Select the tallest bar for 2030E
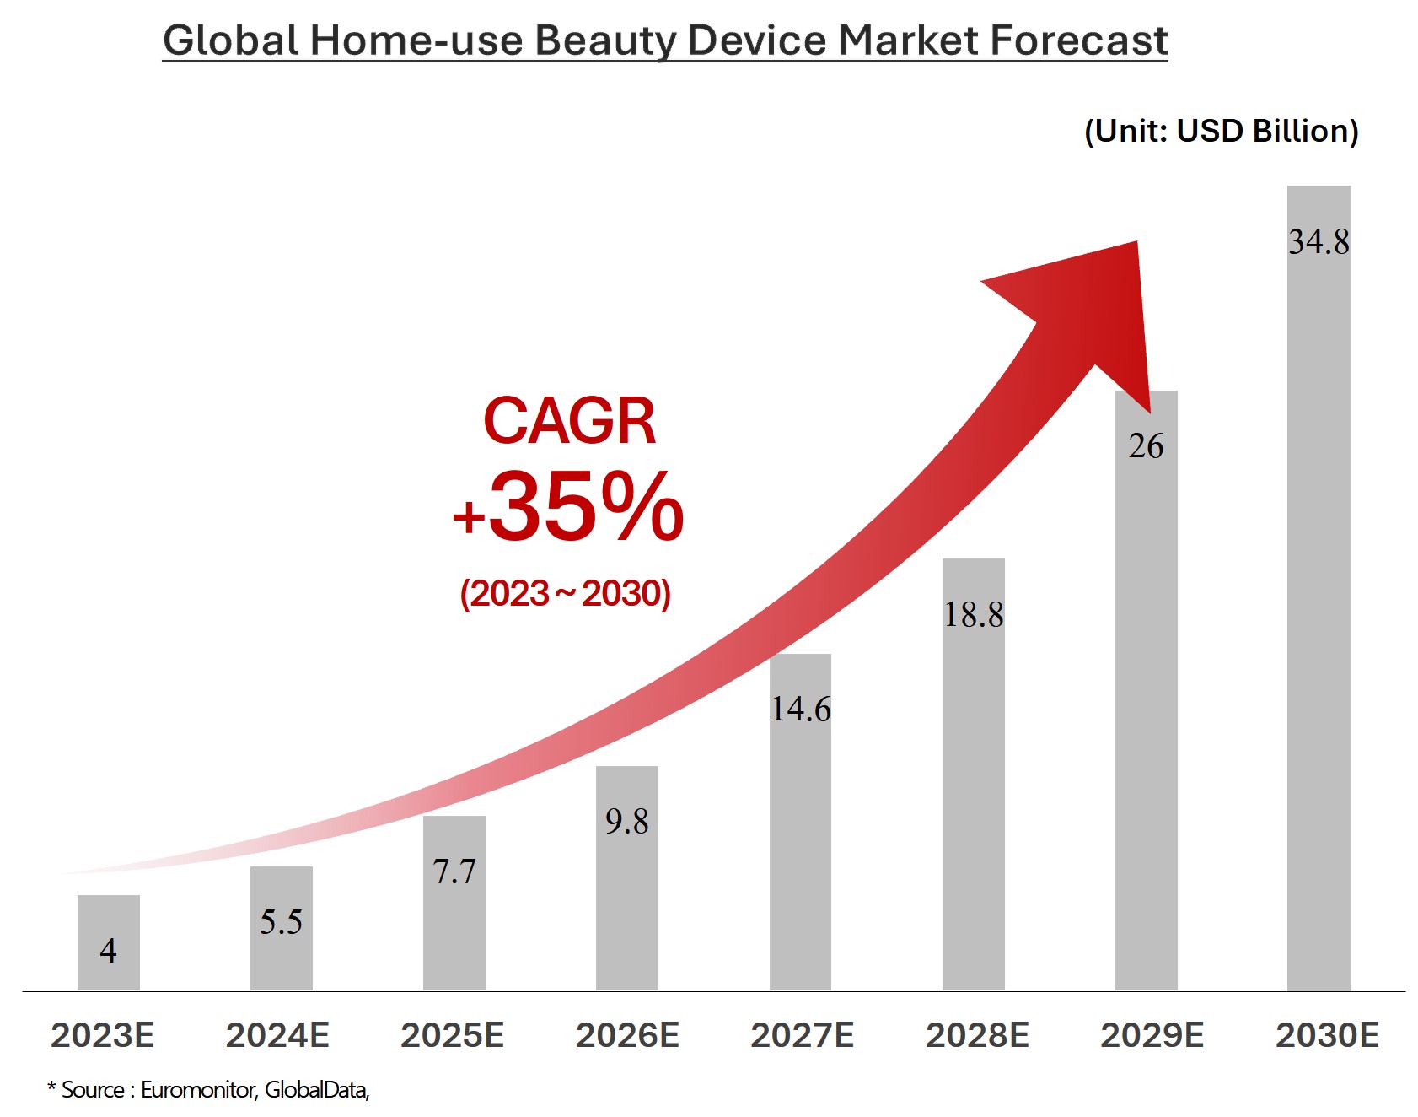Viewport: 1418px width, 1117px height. click(x=1319, y=591)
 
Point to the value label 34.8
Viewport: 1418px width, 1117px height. click(x=1319, y=242)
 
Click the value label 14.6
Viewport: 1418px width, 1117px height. click(x=800, y=709)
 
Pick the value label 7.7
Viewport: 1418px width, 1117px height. click(x=454, y=871)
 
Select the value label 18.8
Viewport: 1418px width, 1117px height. click(x=973, y=614)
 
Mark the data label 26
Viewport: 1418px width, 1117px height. click(x=1146, y=446)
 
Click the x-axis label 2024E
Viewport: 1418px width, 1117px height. click(x=277, y=1035)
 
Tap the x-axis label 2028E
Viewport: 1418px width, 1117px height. click(x=977, y=1035)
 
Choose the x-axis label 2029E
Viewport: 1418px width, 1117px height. click(x=1152, y=1035)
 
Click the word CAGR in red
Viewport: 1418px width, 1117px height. click(x=569, y=421)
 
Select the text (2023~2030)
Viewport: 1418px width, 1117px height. click(x=565, y=594)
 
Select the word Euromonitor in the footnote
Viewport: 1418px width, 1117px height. click(x=197, y=1090)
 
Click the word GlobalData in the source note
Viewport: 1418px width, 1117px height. click(x=316, y=1090)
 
